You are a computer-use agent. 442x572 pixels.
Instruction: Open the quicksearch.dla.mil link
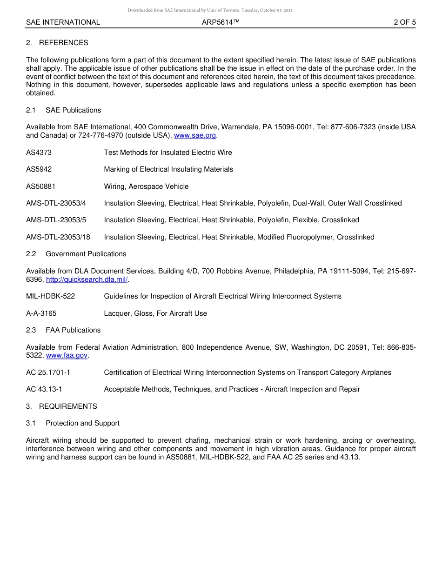(87, 279)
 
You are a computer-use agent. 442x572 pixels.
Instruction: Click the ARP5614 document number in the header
(221, 22)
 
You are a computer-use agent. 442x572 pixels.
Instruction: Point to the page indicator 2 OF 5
(404, 22)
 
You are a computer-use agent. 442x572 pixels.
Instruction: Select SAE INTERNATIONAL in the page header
(63, 22)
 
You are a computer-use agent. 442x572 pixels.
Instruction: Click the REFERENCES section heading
(63, 43)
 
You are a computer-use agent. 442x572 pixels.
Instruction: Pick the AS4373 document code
(39, 153)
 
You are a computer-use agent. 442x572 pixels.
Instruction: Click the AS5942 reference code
(39, 169)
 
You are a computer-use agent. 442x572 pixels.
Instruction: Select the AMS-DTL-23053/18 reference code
(58, 237)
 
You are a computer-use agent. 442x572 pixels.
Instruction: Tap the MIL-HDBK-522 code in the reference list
(50, 296)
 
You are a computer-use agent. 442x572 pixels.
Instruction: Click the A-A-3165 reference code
(41, 313)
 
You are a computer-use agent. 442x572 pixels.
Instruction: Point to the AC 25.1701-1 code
(48, 372)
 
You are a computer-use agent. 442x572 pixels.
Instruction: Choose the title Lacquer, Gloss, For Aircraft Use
(155, 313)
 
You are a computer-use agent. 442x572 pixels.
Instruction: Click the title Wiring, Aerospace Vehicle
(146, 186)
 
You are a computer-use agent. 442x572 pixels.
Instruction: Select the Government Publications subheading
(86, 254)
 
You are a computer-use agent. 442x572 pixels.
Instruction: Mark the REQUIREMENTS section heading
(68, 406)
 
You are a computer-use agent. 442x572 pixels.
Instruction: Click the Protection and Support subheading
(82, 423)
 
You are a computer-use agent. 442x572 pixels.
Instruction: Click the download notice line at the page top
(210, 10)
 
